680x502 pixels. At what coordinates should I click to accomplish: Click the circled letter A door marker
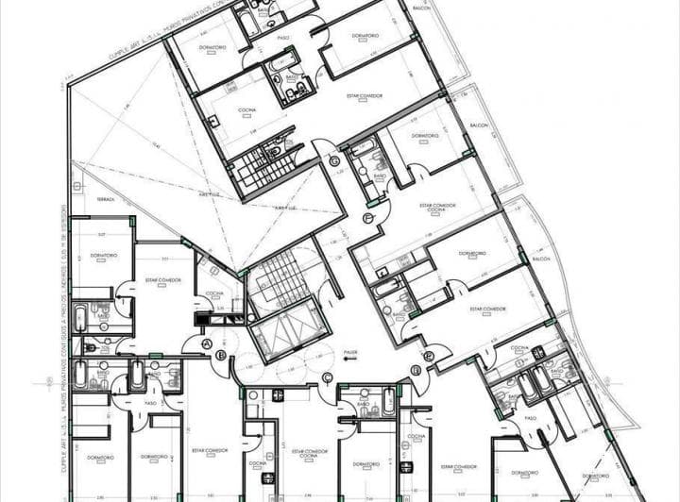(x=206, y=345)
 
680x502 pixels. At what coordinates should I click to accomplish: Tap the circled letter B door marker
(x=221, y=356)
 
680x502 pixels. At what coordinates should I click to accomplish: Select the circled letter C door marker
(x=327, y=378)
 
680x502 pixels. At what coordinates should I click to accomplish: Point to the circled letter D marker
(x=429, y=356)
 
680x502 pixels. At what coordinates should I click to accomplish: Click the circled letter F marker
(x=367, y=219)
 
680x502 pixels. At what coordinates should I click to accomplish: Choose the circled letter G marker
(x=334, y=161)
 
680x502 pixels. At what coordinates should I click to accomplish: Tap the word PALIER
(x=351, y=349)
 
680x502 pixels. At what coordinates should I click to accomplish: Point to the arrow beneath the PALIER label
(x=350, y=359)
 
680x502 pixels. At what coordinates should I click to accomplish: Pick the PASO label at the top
(x=282, y=39)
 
